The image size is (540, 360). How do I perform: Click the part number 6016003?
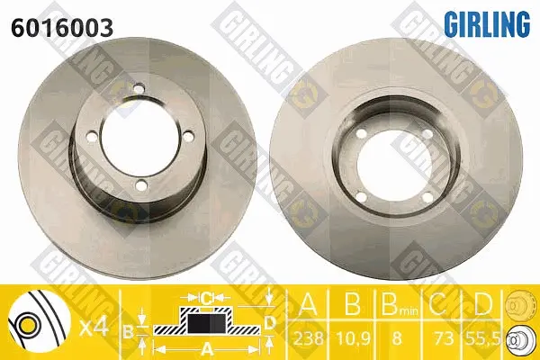click(x=62, y=28)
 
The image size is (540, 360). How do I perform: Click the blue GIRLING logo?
click(x=487, y=23)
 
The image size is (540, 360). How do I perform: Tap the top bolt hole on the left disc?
click(x=139, y=89)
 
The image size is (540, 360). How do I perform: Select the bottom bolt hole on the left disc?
click(x=141, y=185)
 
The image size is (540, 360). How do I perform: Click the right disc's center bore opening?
click(x=394, y=165)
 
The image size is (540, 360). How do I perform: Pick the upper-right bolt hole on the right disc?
click(x=427, y=134)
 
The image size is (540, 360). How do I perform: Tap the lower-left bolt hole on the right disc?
click(x=361, y=197)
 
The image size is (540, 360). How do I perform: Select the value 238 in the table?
click(x=309, y=338)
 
